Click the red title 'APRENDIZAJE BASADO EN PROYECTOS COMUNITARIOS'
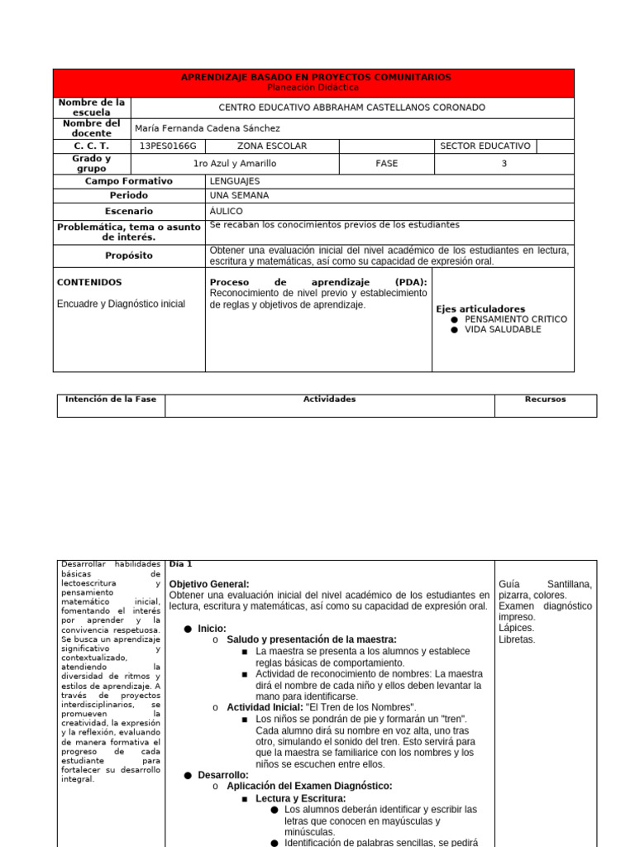316,77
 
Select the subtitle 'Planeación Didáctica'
314,87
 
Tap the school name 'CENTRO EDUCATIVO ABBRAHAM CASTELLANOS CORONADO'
351,108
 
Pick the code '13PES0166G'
168,146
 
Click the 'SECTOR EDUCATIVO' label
485,146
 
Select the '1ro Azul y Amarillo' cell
235,164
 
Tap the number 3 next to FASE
504,164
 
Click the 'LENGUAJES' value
235,181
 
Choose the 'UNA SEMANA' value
239,196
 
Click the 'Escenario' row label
129,212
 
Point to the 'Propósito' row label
129,256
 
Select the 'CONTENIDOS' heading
89,282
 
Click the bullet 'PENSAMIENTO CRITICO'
516,319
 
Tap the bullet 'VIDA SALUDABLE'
503,329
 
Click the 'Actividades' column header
329,400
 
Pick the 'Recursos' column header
545,400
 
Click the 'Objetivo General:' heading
208,584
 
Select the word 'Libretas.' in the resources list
517,639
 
